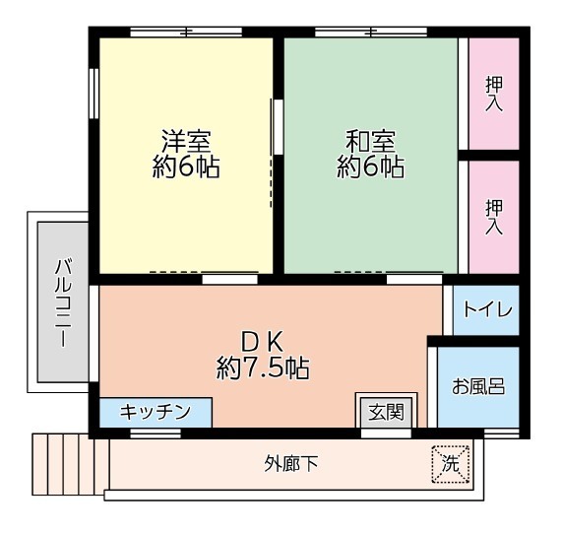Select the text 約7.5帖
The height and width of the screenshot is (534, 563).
pos(264,369)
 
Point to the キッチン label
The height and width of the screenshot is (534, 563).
pos(155,412)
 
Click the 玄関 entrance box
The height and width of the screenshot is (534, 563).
pos(385,412)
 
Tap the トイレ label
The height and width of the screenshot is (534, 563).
pos(487,309)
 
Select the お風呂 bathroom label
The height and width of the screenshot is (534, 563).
pos(478,386)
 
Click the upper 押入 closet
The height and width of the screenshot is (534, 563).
pos(493,93)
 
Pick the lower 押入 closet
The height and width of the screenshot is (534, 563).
pos(493,216)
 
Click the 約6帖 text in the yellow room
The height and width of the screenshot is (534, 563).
pos(186,167)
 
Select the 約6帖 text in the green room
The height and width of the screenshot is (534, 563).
pos(370,167)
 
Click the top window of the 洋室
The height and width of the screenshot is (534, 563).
pos(186,33)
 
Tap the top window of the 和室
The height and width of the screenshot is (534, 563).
pos(370,33)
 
